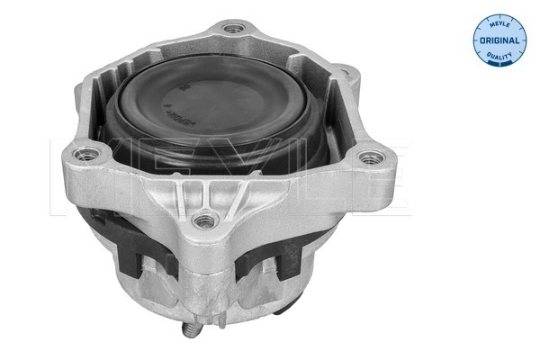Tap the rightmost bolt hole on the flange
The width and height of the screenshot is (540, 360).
coord(366,162)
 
